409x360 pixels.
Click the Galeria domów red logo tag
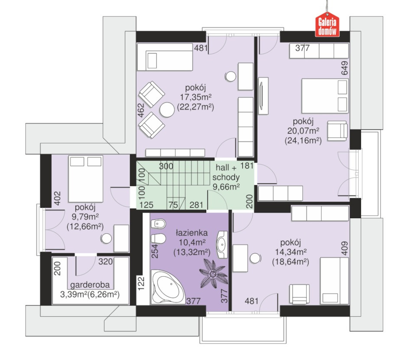point(327,25)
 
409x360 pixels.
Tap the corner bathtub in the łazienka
point(168,287)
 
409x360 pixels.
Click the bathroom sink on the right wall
point(222,244)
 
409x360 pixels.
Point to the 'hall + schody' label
point(226,172)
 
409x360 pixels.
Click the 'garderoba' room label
point(90,285)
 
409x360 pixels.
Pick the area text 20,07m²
point(303,131)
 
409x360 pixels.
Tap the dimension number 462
point(141,110)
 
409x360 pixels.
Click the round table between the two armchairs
point(167,110)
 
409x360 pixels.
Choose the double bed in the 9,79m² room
point(85,179)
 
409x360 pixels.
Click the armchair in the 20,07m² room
point(337,131)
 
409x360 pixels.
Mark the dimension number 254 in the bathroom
point(155,251)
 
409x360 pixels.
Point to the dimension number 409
point(344,248)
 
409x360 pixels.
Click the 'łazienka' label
point(192,232)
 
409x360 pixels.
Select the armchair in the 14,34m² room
point(299,294)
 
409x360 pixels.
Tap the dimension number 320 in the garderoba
point(105,261)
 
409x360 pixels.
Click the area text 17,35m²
point(196,97)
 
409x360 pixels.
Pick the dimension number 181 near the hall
point(247,166)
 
